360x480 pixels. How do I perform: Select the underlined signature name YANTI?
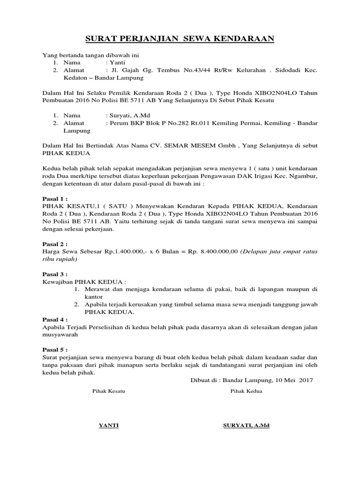[x=108, y=425]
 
